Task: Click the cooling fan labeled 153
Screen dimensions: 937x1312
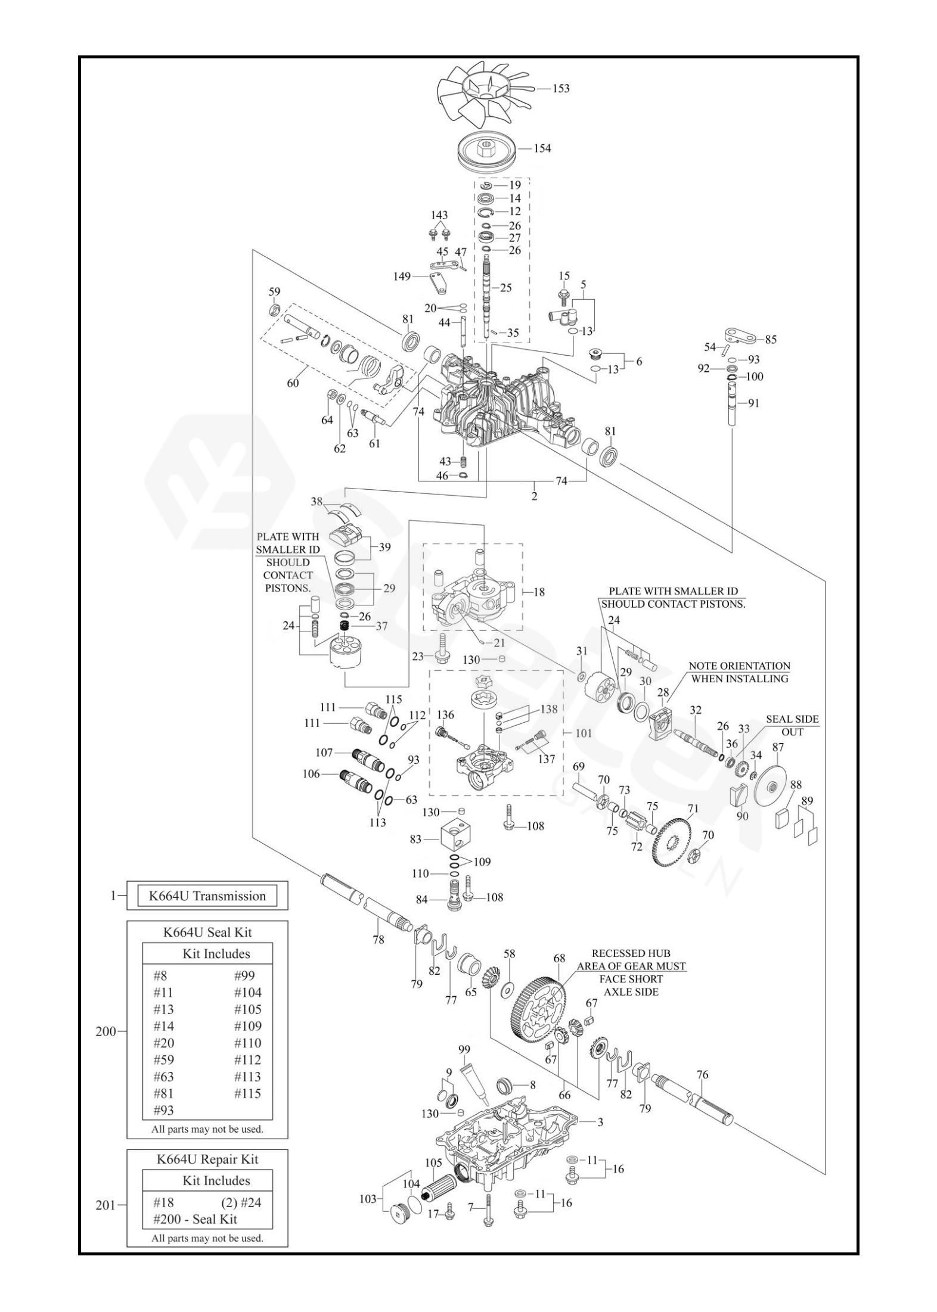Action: pyautogui.click(x=483, y=93)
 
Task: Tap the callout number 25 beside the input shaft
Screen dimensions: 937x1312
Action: pyautogui.click(x=505, y=288)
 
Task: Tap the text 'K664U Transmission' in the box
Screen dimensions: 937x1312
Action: pyautogui.click(x=207, y=896)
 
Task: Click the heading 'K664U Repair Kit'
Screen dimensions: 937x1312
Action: pyautogui.click(x=207, y=1159)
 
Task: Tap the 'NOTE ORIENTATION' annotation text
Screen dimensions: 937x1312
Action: pyautogui.click(x=739, y=666)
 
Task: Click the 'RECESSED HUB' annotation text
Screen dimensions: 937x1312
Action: pyautogui.click(x=631, y=953)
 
